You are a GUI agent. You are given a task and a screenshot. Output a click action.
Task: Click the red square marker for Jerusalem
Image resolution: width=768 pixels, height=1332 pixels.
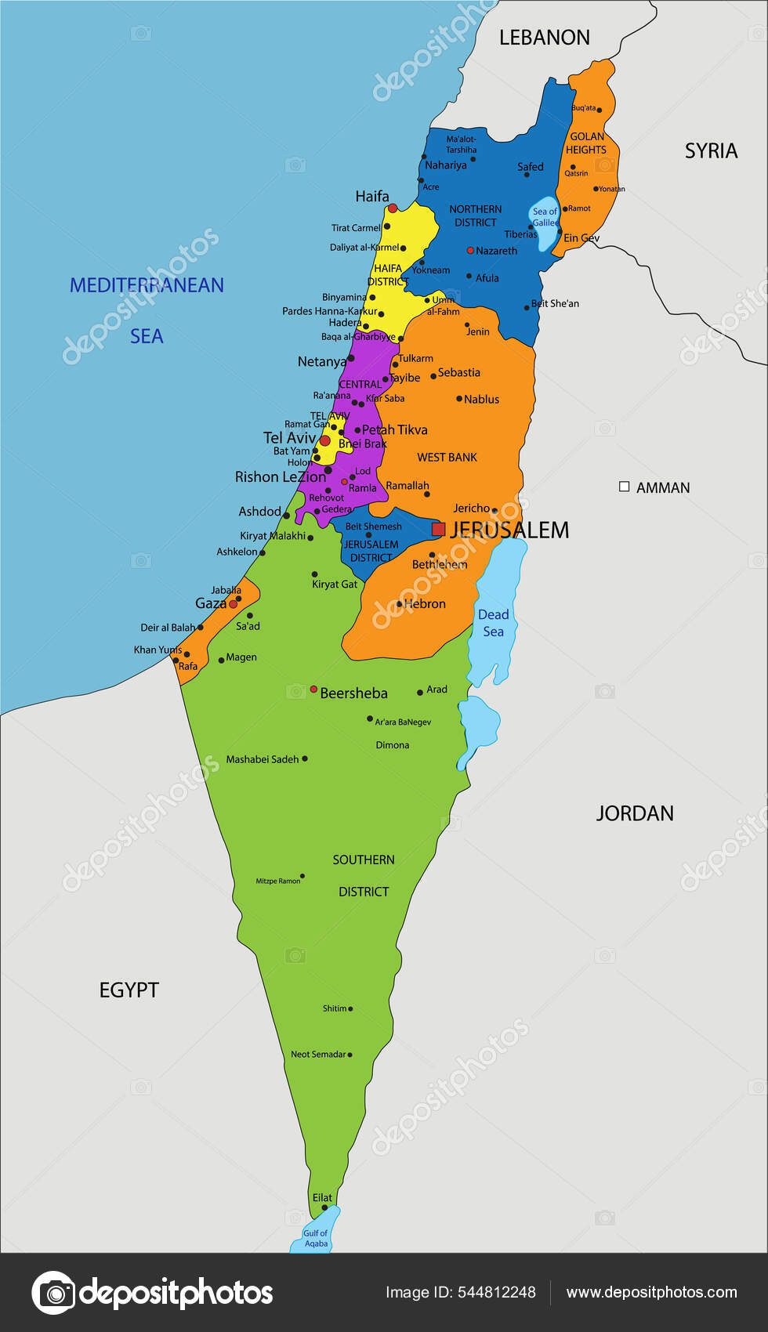pyautogui.click(x=438, y=530)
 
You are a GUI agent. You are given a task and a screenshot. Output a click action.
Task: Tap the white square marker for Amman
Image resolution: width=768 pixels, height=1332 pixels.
pyautogui.click(x=625, y=487)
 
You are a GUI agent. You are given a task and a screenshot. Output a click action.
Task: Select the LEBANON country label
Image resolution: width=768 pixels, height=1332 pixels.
pyautogui.click(x=544, y=38)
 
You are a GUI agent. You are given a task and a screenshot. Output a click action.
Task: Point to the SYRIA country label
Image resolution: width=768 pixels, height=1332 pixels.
pyautogui.click(x=711, y=150)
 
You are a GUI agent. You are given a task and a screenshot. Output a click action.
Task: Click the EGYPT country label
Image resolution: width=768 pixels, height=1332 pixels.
pyautogui.click(x=129, y=990)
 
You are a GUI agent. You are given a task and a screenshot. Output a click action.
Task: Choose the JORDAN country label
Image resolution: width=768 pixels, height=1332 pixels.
pyautogui.click(x=635, y=813)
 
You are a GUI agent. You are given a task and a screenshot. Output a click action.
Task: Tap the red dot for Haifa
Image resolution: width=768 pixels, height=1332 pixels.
pyautogui.click(x=393, y=208)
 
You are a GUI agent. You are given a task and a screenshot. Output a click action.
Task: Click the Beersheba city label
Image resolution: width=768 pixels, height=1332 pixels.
pyautogui.click(x=353, y=693)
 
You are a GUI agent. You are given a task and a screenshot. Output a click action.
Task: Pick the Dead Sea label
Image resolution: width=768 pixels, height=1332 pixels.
pyautogui.click(x=493, y=623)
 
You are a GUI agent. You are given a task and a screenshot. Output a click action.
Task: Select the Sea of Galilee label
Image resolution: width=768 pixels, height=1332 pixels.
pyautogui.click(x=545, y=217)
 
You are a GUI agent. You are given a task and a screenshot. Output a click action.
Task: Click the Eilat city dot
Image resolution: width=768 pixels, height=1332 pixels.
pyautogui.click(x=324, y=1207)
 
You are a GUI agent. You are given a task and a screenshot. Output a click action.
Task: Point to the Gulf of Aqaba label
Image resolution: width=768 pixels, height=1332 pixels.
pyautogui.click(x=316, y=1238)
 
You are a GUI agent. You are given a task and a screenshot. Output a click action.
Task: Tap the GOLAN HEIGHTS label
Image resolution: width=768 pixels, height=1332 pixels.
pyautogui.click(x=586, y=143)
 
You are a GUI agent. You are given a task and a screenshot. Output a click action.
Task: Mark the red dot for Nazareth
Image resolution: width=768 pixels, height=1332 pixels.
pyautogui.click(x=470, y=251)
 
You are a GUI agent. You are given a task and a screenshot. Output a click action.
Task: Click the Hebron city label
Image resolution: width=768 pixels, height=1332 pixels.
pyautogui.click(x=425, y=604)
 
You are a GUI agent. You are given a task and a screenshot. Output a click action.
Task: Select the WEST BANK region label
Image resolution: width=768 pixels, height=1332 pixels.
pyautogui.click(x=447, y=458)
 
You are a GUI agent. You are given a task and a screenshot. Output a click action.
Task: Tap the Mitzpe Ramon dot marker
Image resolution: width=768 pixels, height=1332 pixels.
pyautogui.click(x=302, y=877)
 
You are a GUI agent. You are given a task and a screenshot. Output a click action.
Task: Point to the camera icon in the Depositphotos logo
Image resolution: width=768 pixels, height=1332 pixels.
pyautogui.click(x=53, y=1293)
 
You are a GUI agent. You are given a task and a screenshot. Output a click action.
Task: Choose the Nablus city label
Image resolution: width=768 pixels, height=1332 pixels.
pyautogui.click(x=481, y=400)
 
